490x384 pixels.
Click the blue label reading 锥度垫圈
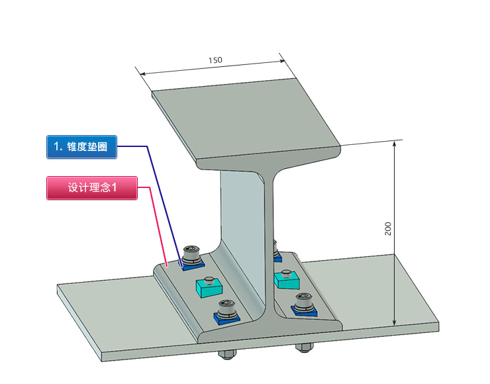[x=82, y=147]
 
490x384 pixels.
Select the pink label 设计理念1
[x=92, y=188]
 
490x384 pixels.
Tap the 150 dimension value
[x=215, y=60]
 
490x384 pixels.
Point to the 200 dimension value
[x=388, y=228]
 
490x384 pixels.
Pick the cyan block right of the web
[x=286, y=279]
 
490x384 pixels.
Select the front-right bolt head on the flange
[x=304, y=299]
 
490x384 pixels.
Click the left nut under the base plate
[x=226, y=353]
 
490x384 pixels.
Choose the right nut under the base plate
[x=305, y=347]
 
